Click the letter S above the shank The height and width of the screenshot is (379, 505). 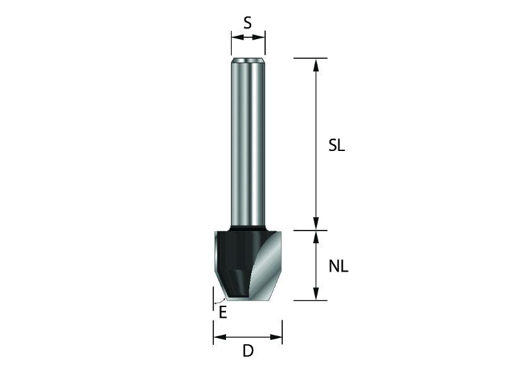(247, 23)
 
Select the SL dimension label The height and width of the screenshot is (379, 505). (336, 146)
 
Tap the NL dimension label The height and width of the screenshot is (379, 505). (338, 267)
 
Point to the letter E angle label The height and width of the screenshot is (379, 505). (223, 313)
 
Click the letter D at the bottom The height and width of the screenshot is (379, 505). (248, 351)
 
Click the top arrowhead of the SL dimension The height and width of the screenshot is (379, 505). (316, 65)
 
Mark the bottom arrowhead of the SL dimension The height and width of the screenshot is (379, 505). (316, 224)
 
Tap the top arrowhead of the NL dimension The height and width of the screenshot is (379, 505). (316, 237)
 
